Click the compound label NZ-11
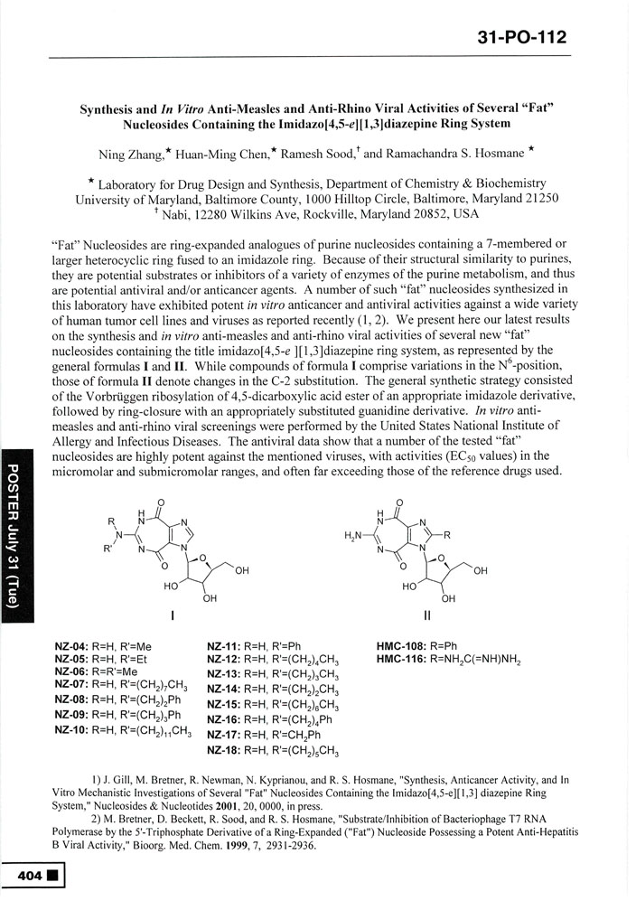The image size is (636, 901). [x=223, y=646]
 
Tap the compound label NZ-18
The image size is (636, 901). [x=223, y=750]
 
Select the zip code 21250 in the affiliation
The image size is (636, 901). [x=538, y=198]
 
